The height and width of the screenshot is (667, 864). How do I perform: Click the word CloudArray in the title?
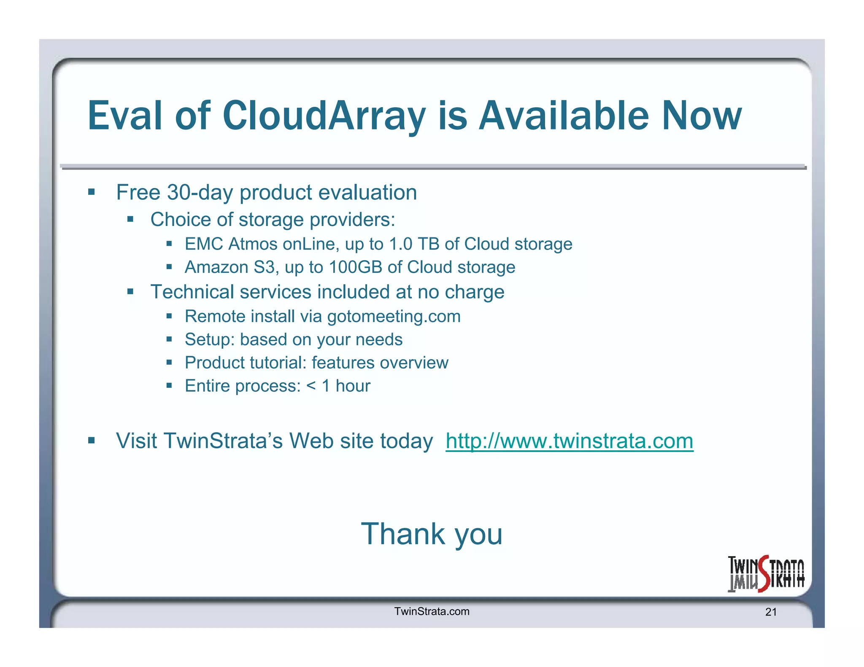click(x=324, y=116)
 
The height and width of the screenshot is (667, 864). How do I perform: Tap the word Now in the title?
click(x=702, y=116)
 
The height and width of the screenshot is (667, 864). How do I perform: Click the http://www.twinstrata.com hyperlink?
click(x=569, y=441)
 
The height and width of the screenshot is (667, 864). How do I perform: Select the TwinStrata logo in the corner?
click(x=766, y=574)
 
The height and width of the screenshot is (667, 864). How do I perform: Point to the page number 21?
click(x=771, y=612)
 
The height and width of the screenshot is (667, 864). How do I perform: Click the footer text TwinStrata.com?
click(x=432, y=611)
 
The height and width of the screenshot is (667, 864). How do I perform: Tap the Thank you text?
click(x=432, y=534)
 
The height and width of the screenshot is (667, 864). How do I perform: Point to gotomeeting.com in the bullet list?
click(x=394, y=317)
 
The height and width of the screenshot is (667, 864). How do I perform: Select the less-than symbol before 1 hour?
click(x=311, y=386)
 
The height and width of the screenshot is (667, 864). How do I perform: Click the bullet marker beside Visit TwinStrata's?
click(x=92, y=441)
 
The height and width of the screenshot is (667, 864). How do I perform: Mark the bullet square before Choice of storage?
click(x=130, y=219)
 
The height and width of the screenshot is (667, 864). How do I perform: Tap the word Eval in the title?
click(x=125, y=116)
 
